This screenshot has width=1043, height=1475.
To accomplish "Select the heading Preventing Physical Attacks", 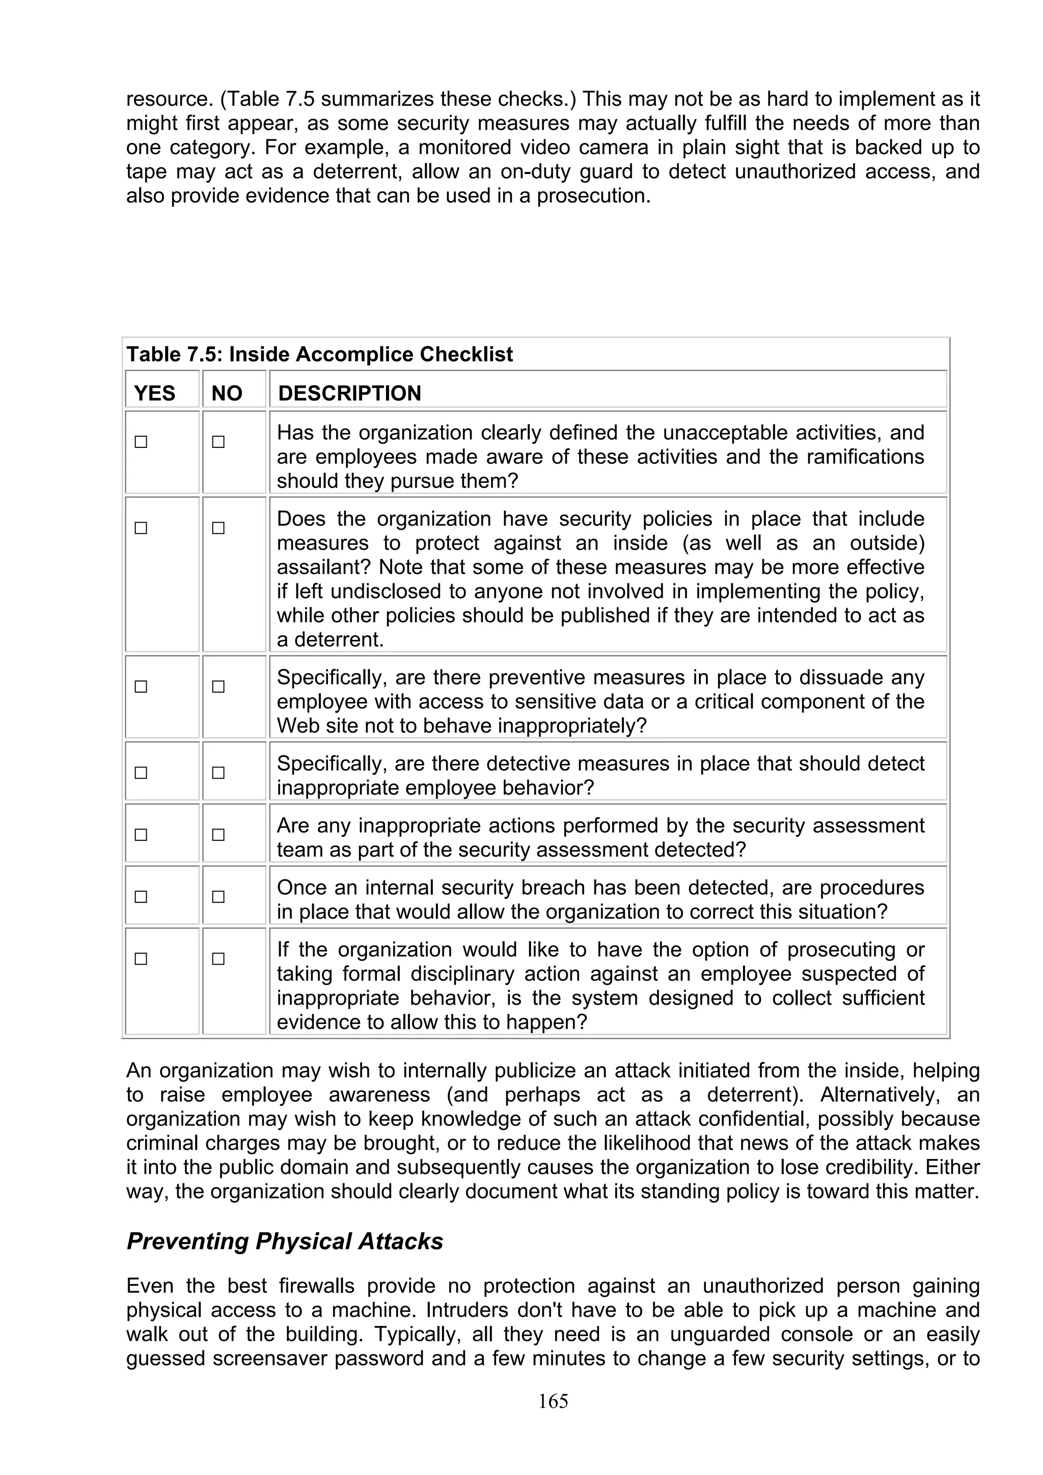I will (285, 1241).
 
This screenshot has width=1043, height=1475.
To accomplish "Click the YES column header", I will (154, 393).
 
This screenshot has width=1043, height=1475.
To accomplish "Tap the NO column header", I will (227, 393).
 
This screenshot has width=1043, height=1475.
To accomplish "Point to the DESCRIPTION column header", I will (349, 393).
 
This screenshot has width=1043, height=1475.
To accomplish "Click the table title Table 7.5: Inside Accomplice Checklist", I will (319, 354).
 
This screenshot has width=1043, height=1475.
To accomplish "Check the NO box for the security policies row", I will (218, 528).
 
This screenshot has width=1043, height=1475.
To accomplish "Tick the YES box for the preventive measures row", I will (141, 687).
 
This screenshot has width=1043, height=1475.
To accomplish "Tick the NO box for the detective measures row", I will (218, 773).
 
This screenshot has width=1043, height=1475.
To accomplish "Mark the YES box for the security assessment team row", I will (141, 835).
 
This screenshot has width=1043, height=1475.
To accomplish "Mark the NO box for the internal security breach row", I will (218, 897).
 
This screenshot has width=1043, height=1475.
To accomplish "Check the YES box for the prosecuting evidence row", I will (141, 959).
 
